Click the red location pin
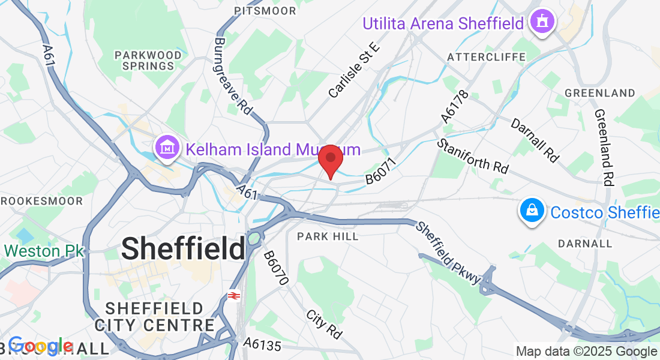(330, 160)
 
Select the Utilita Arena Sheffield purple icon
(543, 23)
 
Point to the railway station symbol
(234, 296)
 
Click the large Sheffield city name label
(184, 248)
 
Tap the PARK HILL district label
(328, 236)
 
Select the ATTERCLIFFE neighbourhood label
(487, 57)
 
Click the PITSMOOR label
(265, 11)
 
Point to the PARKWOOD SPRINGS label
(148, 61)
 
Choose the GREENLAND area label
(600, 93)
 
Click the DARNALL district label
(585, 244)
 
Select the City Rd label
(323, 323)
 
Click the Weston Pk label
(42, 251)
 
